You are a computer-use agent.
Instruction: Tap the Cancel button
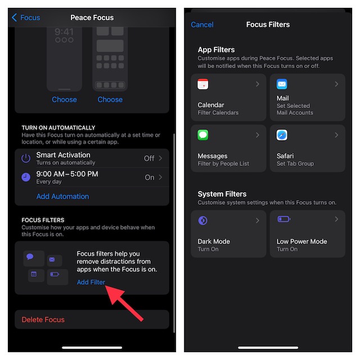[202, 25]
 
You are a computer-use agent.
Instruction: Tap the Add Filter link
[91, 282]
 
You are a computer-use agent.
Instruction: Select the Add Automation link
[62, 196]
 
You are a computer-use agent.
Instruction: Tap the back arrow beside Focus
[14, 17]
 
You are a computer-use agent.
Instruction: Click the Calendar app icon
[202, 84]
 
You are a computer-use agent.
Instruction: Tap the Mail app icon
[282, 84]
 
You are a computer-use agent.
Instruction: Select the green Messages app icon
[202, 135]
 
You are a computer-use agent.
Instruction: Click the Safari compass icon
[282, 135]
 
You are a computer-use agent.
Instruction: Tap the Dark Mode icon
[202, 220]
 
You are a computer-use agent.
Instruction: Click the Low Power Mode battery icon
[284, 219]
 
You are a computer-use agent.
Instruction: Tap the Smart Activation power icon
[26, 158]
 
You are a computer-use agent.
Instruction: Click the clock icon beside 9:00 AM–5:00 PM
[26, 177]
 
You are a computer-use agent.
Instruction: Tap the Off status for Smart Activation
[149, 158]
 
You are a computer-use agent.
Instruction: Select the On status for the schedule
[150, 177]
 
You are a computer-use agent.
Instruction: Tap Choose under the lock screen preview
[64, 100]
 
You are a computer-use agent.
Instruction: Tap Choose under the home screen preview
[110, 100]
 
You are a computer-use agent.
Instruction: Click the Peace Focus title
[92, 17]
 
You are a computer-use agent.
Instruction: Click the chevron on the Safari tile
[336, 135]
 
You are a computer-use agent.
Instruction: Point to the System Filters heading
[222, 194]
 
